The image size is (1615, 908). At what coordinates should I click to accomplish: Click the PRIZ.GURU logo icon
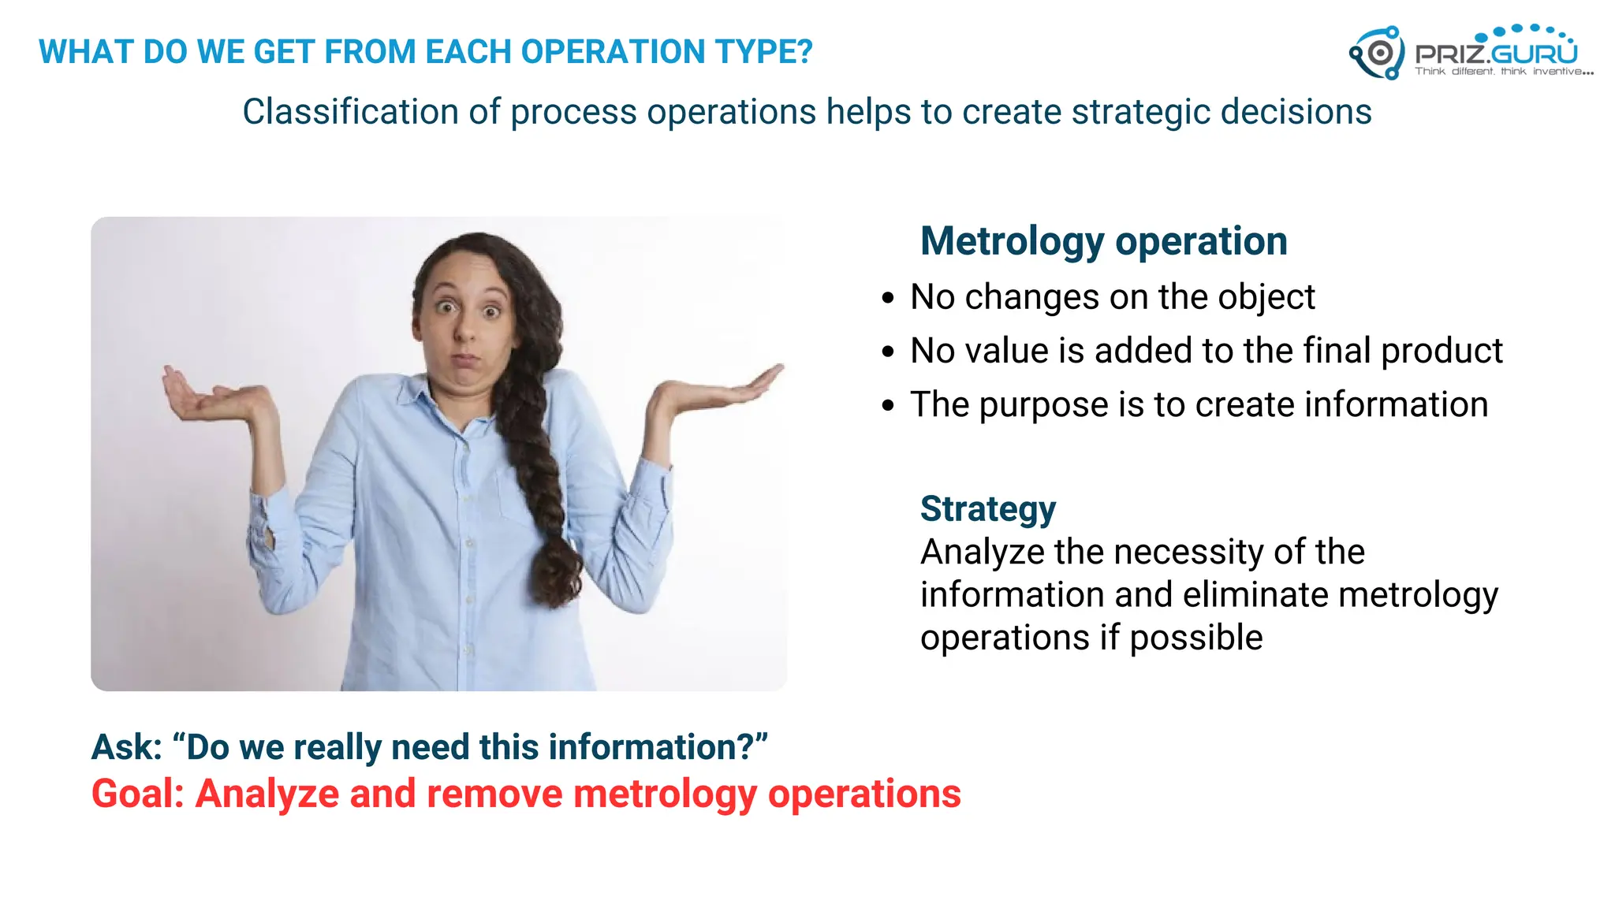(1378, 53)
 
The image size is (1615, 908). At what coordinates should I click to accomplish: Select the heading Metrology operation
(1103, 240)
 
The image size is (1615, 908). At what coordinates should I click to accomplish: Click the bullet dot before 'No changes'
(889, 299)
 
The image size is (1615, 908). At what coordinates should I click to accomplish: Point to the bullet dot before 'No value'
(889, 352)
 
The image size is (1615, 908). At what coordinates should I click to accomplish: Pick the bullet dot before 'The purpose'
(889, 406)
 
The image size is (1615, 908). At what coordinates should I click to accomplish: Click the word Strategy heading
(987, 509)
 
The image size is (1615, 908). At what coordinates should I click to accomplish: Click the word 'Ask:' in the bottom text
(126, 747)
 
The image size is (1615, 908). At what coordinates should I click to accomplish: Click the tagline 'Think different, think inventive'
(1503, 72)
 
